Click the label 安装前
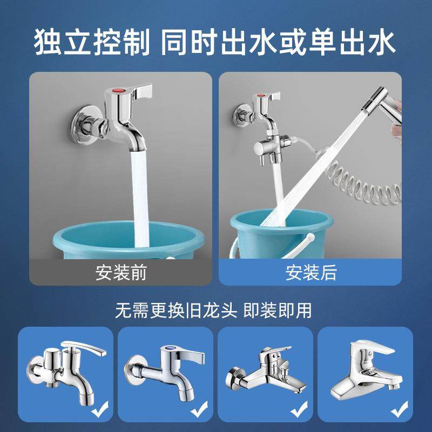(121, 272)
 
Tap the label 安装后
(311, 272)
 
